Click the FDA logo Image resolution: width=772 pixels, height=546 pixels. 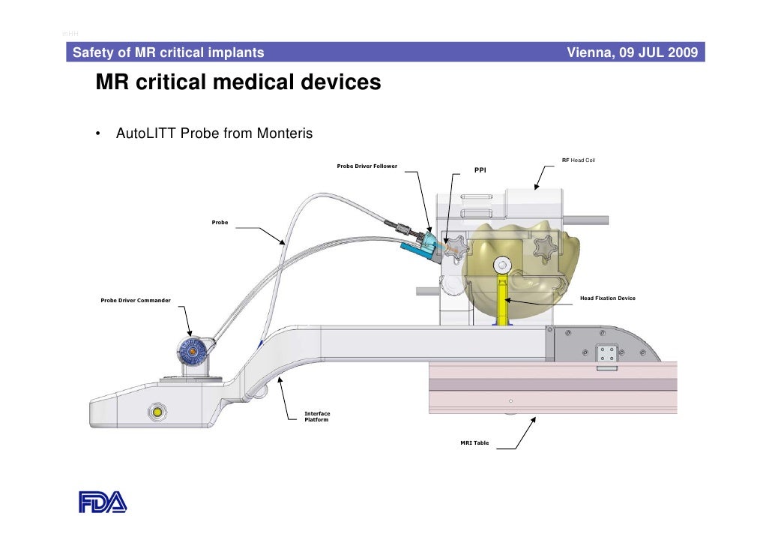[103, 501]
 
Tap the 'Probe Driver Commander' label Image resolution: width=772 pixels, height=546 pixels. [136, 301]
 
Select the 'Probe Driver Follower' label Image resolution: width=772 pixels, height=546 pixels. [367, 166]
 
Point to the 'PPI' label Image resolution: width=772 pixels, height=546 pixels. [480, 170]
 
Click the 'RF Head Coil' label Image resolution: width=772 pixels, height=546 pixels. [578, 160]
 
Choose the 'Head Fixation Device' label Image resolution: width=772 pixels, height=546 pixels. [607, 298]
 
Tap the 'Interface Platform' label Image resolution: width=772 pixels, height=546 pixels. [317, 417]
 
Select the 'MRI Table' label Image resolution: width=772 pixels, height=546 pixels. [474, 443]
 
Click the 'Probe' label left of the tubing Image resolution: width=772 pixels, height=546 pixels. [220, 223]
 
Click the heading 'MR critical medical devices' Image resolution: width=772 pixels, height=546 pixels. [238, 82]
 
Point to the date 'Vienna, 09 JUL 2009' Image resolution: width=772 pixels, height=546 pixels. [633, 52]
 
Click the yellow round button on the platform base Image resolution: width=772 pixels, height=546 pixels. [157, 412]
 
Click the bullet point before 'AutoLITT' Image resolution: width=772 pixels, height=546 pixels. [98, 135]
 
